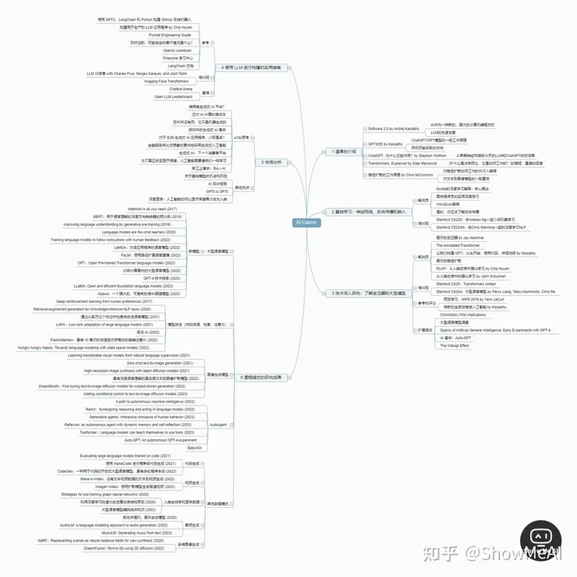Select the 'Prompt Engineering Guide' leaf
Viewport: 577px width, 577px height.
click(170, 35)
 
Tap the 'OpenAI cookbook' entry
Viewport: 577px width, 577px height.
click(177, 50)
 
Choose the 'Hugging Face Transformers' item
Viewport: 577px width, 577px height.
click(166, 81)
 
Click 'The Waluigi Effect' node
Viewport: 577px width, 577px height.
click(453, 345)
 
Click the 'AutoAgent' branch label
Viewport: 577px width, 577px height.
click(218, 424)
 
